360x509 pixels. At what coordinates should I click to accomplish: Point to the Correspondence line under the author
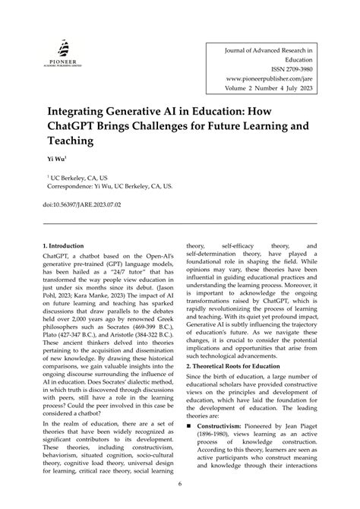109,184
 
